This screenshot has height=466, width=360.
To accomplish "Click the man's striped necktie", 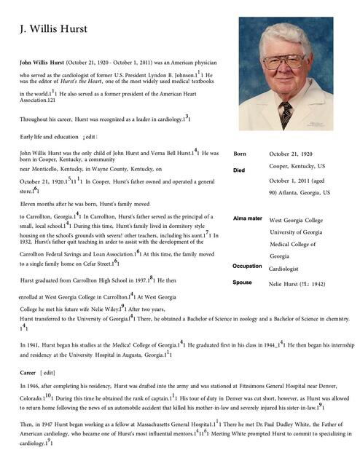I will pyautogui.click(x=286, y=113).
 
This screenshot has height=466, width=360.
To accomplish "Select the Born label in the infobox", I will pyautogui.click(x=240, y=154).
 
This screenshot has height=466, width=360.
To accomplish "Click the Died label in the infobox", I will pyautogui.click(x=239, y=170).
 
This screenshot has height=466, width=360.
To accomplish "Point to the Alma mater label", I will pyautogui.click(x=247, y=218).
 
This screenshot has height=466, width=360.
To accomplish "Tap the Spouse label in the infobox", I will pyautogui.click(x=242, y=283).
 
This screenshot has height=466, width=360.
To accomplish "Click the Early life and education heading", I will pyautogui.click(x=49, y=137).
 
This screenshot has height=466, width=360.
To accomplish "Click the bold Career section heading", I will pyautogui.click(x=28, y=372).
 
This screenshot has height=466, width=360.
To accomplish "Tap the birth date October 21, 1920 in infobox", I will pyautogui.click(x=291, y=154).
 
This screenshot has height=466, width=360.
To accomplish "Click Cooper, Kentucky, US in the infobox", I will pyautogui.click(x=297, y=167).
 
